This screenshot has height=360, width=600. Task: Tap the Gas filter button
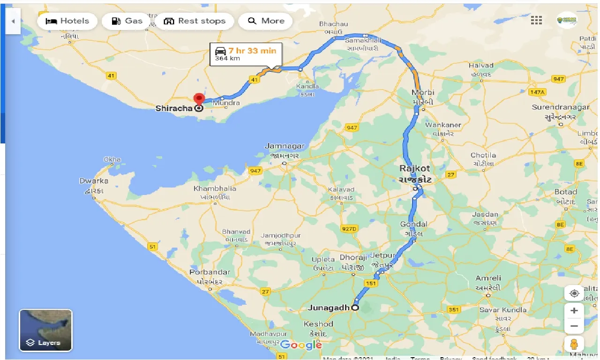[127, 21]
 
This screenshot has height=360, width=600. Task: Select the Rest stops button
[195, 21]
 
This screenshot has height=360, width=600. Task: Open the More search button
[266, 21]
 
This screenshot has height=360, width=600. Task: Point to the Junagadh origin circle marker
[355, 308]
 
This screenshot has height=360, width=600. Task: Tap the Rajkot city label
[415, 168]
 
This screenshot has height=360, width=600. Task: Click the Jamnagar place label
[285, 146]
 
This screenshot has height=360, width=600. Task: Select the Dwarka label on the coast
[94, 181]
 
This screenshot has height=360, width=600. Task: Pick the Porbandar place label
[210, 272]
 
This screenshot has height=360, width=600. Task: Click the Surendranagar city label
[561, 107]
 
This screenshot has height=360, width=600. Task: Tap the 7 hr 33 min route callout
[246, 54]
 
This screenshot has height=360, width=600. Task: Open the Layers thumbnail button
[45, 330]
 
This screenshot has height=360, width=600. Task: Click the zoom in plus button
[574, 310]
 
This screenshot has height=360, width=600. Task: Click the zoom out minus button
[574, 326]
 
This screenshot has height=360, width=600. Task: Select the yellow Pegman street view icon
[574, 344]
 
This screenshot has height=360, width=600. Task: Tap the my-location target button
[574, 293]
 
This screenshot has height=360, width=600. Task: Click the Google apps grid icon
[536, 20]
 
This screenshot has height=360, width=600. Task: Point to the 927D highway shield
[349, 228]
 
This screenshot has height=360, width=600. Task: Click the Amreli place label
[488, 278]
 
